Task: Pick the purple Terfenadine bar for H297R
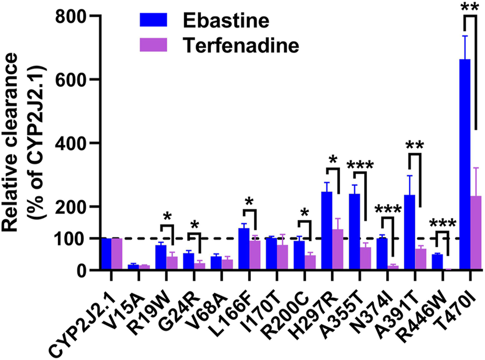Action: [x=338, y=249]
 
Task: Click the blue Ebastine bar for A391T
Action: [x=410, y=232]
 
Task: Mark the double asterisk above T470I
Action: [x=470, y=7]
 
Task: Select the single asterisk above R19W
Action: [x=168, y=215]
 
